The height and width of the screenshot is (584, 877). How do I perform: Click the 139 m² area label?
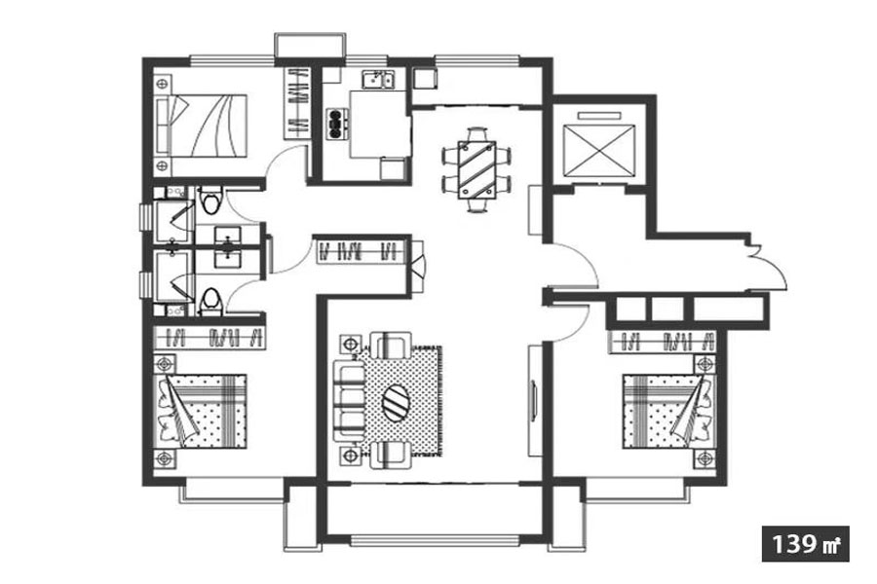pyautogui.click(x=806, y=544)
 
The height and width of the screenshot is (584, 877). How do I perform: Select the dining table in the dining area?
pyautogui.click(x=477, y=170)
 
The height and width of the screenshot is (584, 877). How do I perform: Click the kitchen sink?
pyautogui.click(x=378, y=80)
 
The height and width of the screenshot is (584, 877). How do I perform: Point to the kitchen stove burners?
pyautogui.click(x=335, y=124)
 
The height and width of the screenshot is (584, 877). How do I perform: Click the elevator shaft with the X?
pyautogui.click(x=599, y=149)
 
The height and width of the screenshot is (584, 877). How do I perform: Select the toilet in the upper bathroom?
pyautogui.click(x=210, y=201)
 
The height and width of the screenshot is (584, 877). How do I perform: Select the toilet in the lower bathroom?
pyautogui.click(x=210, y=302)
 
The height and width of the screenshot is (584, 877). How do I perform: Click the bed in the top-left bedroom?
pyautogui.click(x=202, y=126)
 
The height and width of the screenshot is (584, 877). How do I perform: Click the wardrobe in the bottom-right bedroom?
pyautogui.click(x=663, y=341)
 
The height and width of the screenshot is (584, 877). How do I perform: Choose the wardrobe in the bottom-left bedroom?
pyautogui.click(x=210, y=338)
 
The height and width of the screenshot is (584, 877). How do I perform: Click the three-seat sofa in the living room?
pyautogui.click(x=349, y=401)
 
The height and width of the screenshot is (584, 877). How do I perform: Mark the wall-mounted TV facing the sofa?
pyautogui.click(x=534, y=401)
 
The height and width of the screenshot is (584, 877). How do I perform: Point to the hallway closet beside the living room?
pyautogui.click(x=362, y=251)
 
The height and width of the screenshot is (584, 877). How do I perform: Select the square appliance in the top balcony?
pyautogui.click(x=425, y=78)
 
